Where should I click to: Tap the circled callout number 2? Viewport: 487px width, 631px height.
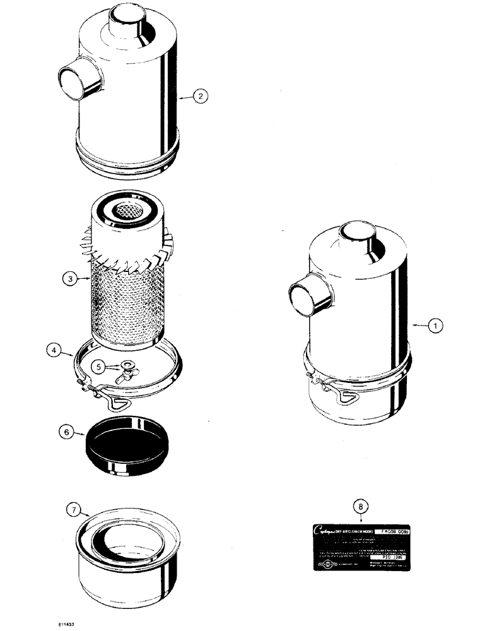[x=200, y=96]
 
